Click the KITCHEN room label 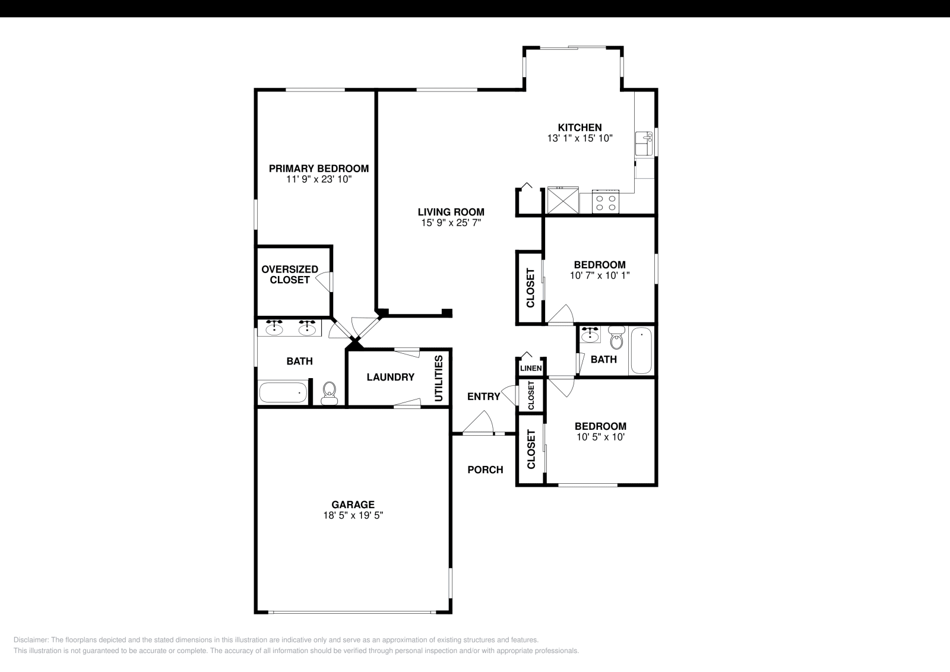tap(579, 128)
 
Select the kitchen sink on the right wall tap(644, 143)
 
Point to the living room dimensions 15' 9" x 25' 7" tap(451, 223)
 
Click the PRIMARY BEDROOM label tap(318, 169)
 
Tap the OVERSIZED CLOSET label tap(290, 274)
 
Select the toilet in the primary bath tap(328, 392)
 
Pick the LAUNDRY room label tap(390, 378)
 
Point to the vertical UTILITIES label tap(439, 379)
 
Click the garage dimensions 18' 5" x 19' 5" tap(353, 516)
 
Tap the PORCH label tap(485, 470)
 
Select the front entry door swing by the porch tap(480, 424)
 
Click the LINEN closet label tap(530, 369)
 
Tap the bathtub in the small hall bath tap(641, 350)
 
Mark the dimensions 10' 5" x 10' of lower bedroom tap(600, 437)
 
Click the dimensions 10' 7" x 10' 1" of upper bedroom tap(600, 275)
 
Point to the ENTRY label tap(483, 397)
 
